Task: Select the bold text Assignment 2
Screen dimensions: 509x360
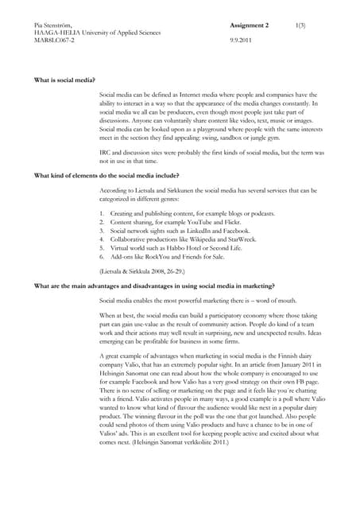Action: (249, 25)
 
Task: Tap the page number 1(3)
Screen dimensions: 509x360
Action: (303, 25)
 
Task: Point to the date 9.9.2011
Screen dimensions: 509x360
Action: (242, 39)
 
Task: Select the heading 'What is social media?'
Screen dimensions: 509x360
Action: (65, 81)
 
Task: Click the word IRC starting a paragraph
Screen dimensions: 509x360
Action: (106, 151)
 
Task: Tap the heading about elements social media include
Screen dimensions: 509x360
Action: (106, 174)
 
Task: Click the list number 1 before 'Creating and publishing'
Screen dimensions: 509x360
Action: (103, 214)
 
